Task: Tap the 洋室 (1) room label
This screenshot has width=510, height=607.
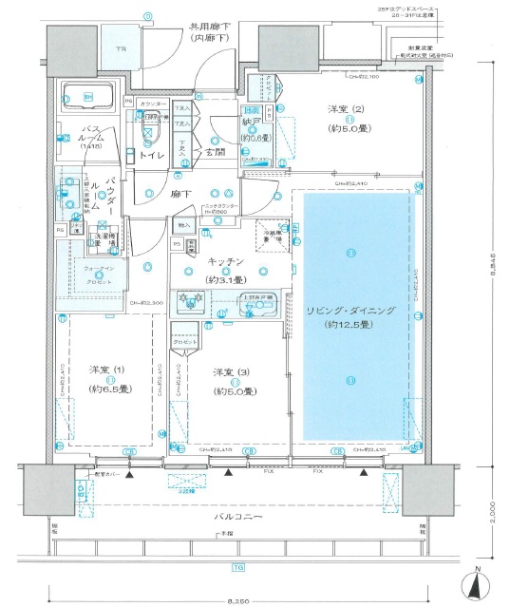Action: pos(104,369)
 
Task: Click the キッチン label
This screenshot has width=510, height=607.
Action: pos(225,260)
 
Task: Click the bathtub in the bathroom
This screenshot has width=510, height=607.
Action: pos(87,97)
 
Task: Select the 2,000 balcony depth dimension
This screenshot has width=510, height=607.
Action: pos(498,512)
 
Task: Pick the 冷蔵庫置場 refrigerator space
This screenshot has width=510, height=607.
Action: pos(272,236)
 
